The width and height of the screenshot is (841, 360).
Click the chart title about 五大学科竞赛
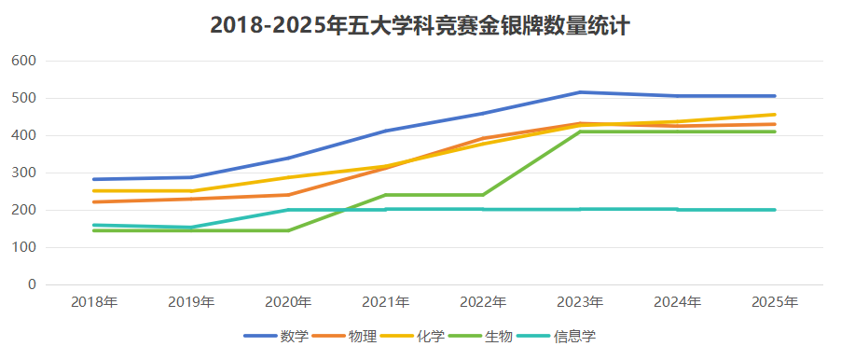420,25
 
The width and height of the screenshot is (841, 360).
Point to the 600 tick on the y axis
24,61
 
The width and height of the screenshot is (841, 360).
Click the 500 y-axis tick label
24,98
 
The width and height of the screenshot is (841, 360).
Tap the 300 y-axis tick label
24,173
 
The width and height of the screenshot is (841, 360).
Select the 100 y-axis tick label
24,247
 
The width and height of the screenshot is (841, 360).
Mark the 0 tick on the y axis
32,284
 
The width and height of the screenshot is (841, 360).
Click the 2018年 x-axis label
94,302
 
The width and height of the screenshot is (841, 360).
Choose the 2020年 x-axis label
288,302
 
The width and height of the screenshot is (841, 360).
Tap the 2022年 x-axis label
483,302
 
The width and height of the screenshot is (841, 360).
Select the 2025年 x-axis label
775,302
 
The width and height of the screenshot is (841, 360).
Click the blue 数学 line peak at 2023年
580,92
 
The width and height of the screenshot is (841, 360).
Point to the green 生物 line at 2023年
580,132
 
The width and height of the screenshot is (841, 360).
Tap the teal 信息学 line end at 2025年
774,210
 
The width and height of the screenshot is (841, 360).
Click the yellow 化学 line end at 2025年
774,115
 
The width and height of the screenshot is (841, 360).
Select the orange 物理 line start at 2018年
94,201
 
